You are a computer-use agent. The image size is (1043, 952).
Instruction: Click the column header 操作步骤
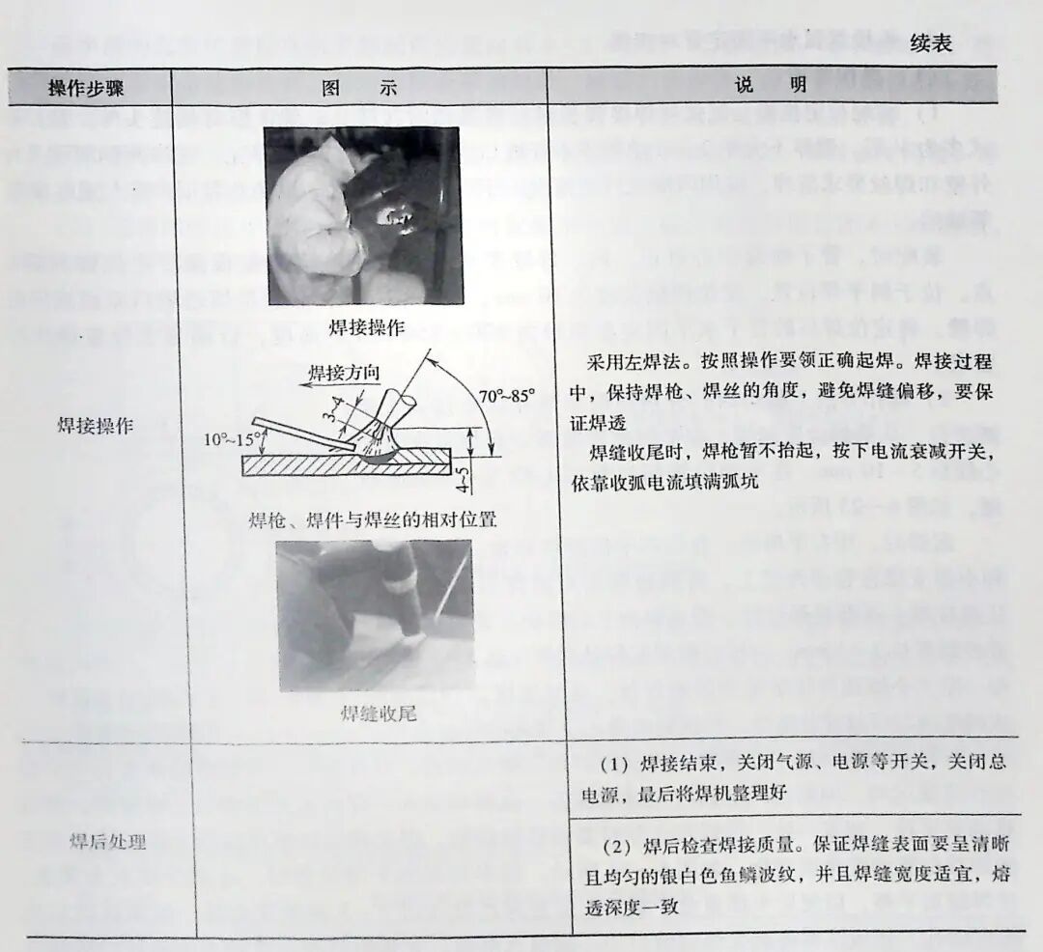(x=89, y=87)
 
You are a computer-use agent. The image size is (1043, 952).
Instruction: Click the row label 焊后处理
(x=108, y=842)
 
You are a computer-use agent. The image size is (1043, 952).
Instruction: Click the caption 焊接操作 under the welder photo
(x=366, y=326)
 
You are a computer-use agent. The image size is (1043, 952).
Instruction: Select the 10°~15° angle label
(x=235, y=438)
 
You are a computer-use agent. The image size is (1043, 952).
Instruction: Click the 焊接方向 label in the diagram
(x=345, y=372)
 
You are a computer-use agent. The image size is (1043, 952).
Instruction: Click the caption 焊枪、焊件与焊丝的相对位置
(x=372, y=519)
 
